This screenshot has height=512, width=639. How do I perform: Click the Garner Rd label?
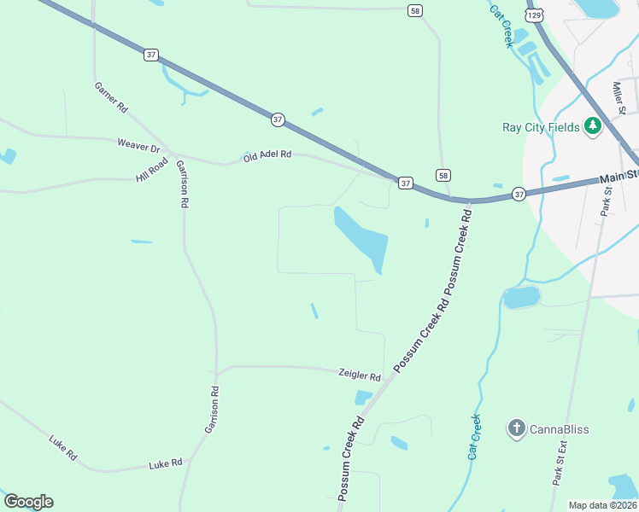click(111, 97)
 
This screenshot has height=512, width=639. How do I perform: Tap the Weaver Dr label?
click(138, 146)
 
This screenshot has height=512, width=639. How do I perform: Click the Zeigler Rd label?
click(359, 375)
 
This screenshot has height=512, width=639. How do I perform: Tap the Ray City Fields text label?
click(541, 128)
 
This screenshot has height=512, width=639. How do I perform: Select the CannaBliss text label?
click(559, 428)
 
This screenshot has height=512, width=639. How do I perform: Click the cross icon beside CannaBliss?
click(516, 428)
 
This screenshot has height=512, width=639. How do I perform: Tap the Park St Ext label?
click(560, 463)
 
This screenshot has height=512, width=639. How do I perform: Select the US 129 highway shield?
click(534, 15)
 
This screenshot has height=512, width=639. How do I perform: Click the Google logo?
click(28, 501)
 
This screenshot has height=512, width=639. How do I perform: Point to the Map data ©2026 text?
click(601, 505)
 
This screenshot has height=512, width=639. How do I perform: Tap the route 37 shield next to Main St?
click(519, 194)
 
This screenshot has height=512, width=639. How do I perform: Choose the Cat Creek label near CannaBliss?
click(473, 437)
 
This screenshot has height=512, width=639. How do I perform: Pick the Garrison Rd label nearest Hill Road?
click(182, 183)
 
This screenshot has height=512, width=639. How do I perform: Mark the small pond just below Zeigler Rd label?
click(363, 397)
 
